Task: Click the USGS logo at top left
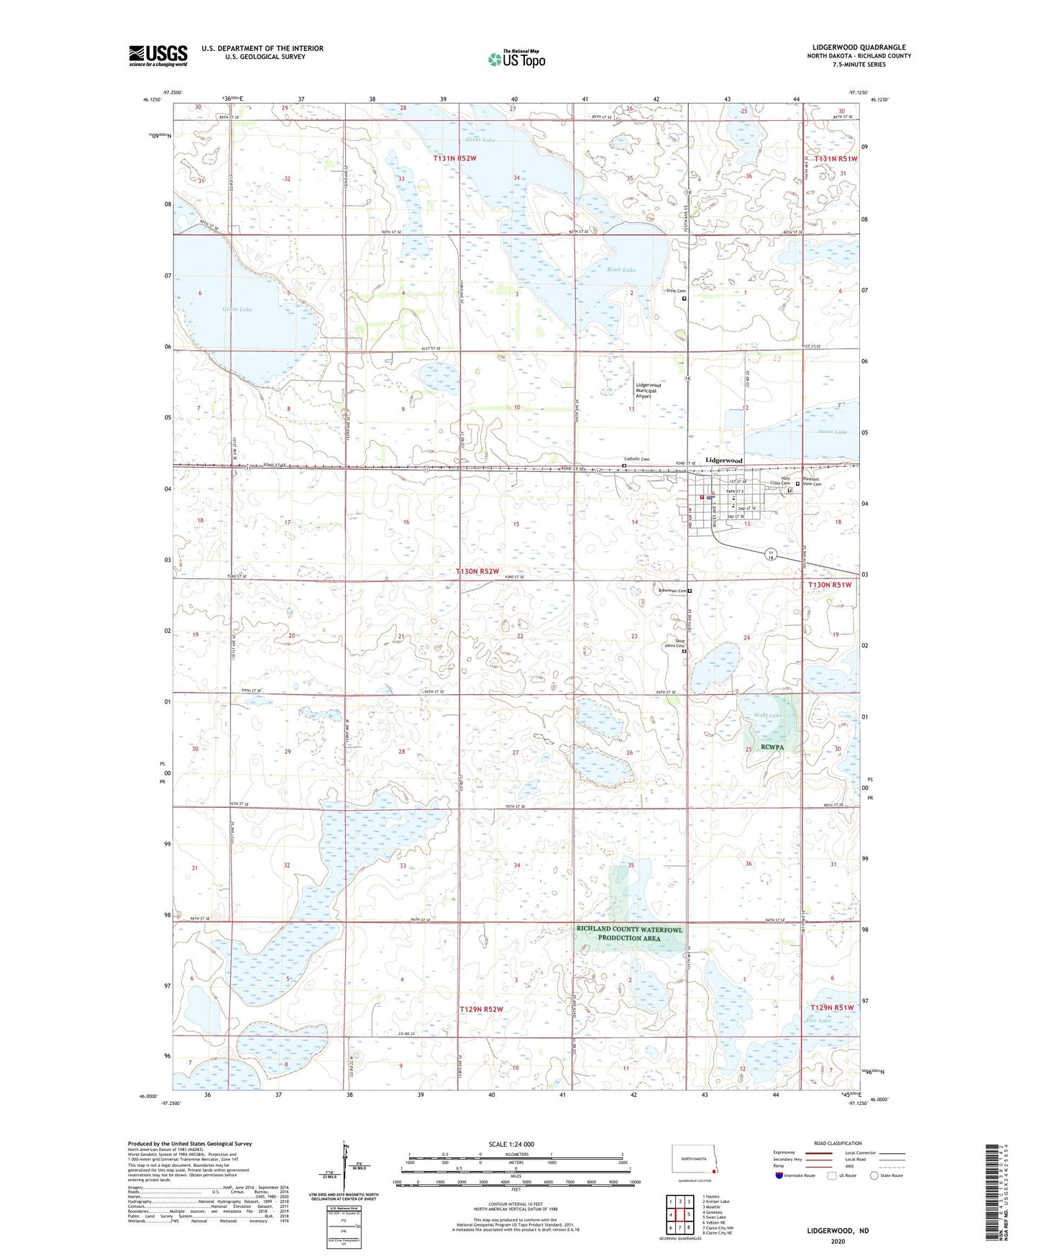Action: coord(158,55)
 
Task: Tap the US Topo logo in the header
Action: coord(516,59)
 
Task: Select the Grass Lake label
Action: coord(237,309)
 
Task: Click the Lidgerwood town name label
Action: coord(723,460)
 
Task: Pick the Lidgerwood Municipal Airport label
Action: coord(648,391)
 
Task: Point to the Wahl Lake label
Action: coord(767,716)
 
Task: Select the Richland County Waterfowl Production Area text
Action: coord(629,934)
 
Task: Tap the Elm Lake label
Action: coord(819,1020)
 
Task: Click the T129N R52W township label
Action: coord(481,1009)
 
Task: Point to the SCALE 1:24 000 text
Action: coord(516,1144)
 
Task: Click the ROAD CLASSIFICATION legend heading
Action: coord(837,1143)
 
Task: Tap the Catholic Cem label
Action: coord(636,459)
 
